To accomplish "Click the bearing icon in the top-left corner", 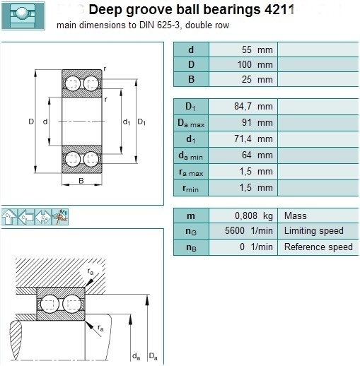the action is [23, 16].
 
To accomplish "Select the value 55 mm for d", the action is [257, 50].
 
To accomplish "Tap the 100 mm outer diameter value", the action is [255, 64].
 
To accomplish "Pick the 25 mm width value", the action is [257, 79].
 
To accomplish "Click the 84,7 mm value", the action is [253, 107].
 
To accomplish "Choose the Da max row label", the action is [191, 123].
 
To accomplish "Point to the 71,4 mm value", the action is [253, 139].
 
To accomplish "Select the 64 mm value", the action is [257, 155].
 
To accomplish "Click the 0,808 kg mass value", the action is [254, 216].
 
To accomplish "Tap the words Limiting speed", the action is [313, 231].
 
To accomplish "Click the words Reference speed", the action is [318, 247].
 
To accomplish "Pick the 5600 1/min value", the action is [249, 231].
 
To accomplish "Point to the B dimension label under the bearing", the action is [81, 181].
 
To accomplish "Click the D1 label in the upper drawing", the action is [141, 122].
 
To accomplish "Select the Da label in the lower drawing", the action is [153, 356].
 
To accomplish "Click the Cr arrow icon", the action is [9, 217].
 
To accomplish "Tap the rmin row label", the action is [190, 189].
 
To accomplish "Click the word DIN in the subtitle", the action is [146, 25].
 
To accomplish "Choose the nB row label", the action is [191, 247].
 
